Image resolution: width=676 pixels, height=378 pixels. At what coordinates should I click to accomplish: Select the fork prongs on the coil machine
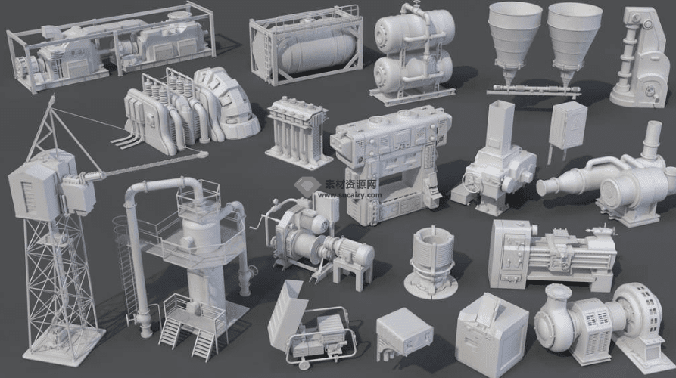tap(125, 141)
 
